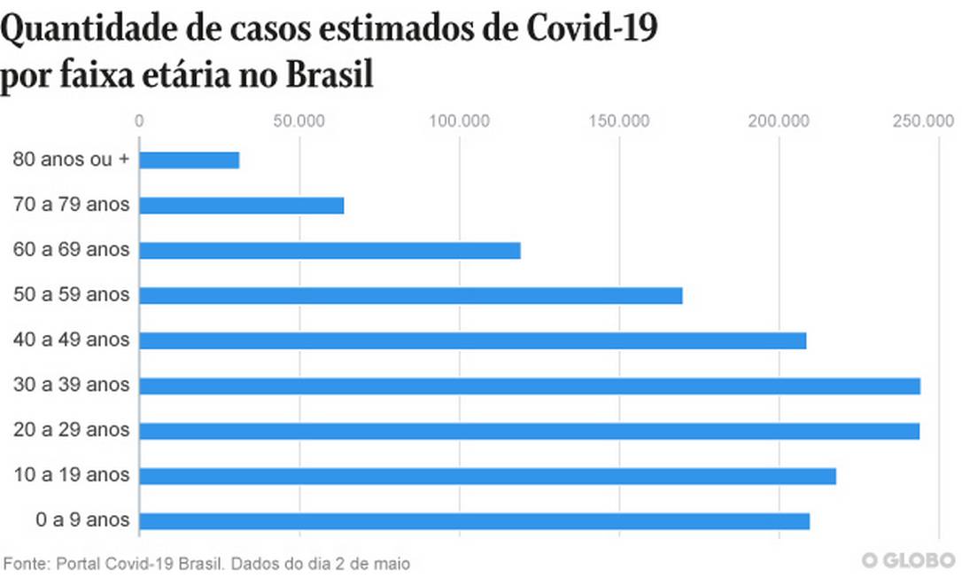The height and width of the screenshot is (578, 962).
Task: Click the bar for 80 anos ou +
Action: (x=190, y=160)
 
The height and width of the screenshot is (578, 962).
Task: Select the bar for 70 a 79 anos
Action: (x=242, y=206)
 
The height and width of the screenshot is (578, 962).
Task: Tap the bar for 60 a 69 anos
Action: (x=330, y=251)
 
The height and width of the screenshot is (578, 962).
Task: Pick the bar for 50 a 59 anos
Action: (x=411, y=295)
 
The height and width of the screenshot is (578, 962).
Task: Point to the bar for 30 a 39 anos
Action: (x=530, y=386)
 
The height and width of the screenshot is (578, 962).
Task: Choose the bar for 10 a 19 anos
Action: (x=488, y=476)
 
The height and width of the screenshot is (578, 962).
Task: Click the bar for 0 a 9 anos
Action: (x=475, y=521)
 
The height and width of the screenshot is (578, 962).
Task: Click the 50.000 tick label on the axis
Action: (x=299, y=121)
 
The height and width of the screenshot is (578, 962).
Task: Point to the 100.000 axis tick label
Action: (x=459, y=121)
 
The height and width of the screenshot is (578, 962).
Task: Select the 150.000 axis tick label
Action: (x=618, y=121)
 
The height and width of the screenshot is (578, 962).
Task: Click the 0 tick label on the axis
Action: (x=139, y=121)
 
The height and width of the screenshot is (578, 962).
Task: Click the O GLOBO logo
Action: (x=907, y=561)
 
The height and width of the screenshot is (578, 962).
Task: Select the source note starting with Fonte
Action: (x=207, y=563)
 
